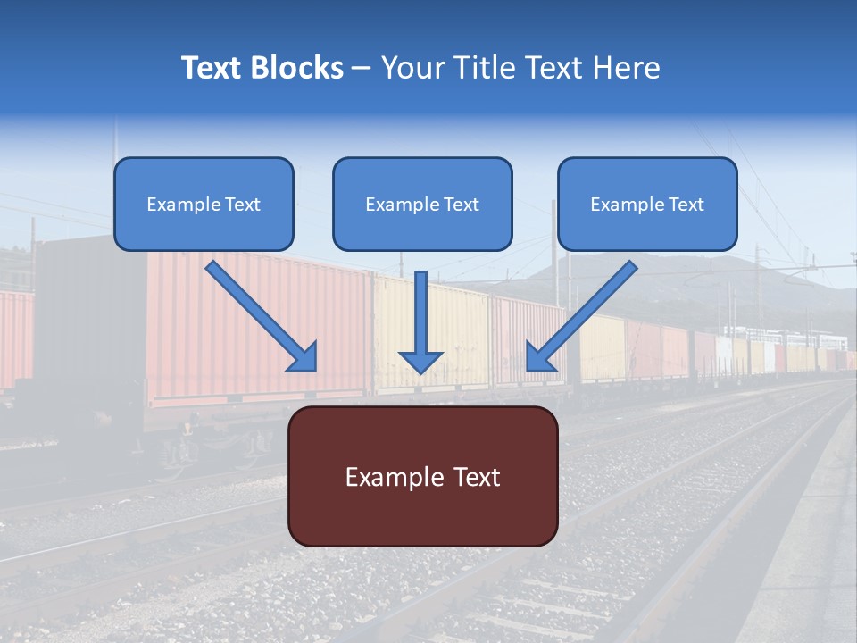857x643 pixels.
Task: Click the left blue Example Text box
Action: tap(204, 205)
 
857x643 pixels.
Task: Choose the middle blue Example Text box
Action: tap(422, 205)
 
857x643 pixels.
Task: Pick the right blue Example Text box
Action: tap(647, 205)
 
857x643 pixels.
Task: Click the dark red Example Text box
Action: tap(423, 477)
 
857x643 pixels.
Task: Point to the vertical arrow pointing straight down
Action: tap(420, 313)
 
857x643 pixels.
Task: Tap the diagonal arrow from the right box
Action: tap(589, 308)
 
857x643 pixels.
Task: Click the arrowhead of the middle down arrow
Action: tap(420, 361)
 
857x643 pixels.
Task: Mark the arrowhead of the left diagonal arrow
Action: tap(304, 357)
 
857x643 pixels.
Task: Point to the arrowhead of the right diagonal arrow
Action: tap(538, 357)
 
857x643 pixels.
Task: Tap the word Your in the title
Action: tap(411, 68)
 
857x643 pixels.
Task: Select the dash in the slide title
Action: tap(362, 69)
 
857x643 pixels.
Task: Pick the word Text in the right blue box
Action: tap(686, 205)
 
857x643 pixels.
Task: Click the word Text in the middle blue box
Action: tap(461, 205)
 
